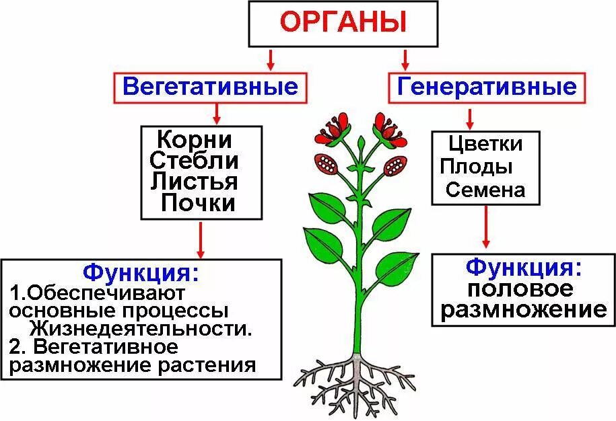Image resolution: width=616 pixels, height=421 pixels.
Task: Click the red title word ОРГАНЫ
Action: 343,23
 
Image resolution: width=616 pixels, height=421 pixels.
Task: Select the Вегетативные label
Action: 210,87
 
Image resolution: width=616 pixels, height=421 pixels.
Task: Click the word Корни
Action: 194,141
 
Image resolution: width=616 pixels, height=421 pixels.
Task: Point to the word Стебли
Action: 194,161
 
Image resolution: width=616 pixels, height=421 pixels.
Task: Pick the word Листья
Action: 194,182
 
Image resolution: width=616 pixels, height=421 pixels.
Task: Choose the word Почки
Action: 198,202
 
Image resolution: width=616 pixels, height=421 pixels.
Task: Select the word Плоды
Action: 477,166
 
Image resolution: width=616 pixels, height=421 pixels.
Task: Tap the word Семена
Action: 485,190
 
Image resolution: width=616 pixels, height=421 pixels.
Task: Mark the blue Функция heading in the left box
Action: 141,272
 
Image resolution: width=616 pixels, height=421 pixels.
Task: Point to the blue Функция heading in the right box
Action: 523,267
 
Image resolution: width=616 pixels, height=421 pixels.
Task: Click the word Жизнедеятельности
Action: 140,330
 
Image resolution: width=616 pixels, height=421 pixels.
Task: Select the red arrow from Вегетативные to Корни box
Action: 217,113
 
